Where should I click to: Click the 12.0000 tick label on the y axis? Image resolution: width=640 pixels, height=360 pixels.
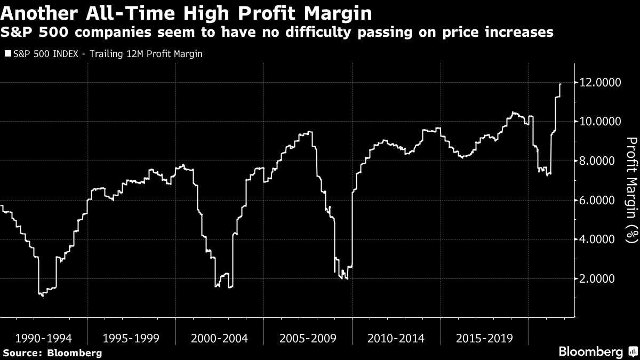click(x=598, y=83)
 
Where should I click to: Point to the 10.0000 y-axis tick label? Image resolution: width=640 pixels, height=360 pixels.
click(x=598, y=122)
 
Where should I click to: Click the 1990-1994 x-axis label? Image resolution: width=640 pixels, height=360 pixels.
click(x=44, y=338)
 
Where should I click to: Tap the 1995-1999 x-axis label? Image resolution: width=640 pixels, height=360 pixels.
click(x=132, y=338)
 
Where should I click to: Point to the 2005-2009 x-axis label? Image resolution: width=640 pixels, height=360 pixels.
click(x=308, y=338)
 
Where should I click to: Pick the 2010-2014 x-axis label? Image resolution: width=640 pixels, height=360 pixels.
click(x=396, y=338)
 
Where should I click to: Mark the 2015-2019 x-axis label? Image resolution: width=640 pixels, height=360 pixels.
click(x=484, y=338)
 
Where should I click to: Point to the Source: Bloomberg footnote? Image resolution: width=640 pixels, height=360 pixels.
click(x=52, y=353)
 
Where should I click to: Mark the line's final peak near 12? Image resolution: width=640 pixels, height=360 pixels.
click(x=560, y=84)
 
